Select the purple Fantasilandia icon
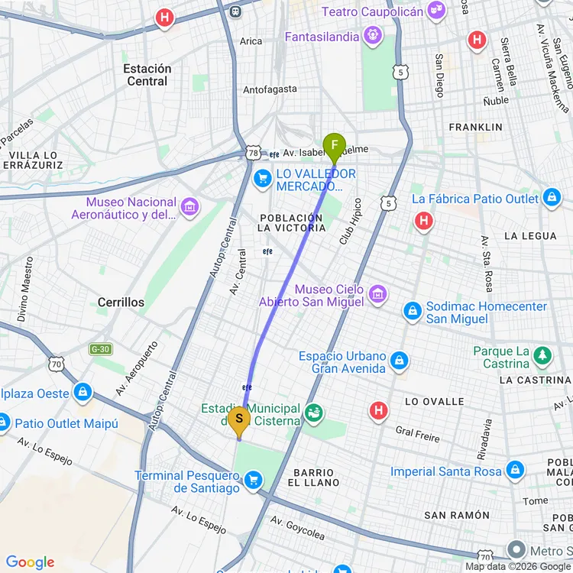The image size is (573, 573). pos(372,34)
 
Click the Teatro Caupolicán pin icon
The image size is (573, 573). pos(436,11)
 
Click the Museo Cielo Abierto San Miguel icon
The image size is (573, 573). pos(376,293)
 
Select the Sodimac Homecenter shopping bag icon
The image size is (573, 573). pos(413,311)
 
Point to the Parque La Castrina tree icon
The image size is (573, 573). pos(542,355)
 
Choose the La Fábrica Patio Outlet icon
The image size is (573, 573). pos(552,199)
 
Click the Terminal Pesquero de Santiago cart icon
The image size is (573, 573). pos(253,481)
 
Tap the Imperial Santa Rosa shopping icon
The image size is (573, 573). pos(515,470)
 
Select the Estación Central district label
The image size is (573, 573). pos(147,75)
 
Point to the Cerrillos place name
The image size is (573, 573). pos(121,303)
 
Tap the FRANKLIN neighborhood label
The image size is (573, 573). pos(475,127)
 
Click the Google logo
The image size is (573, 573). pos(31,562)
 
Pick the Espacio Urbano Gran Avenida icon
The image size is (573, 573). pos(398,361)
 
